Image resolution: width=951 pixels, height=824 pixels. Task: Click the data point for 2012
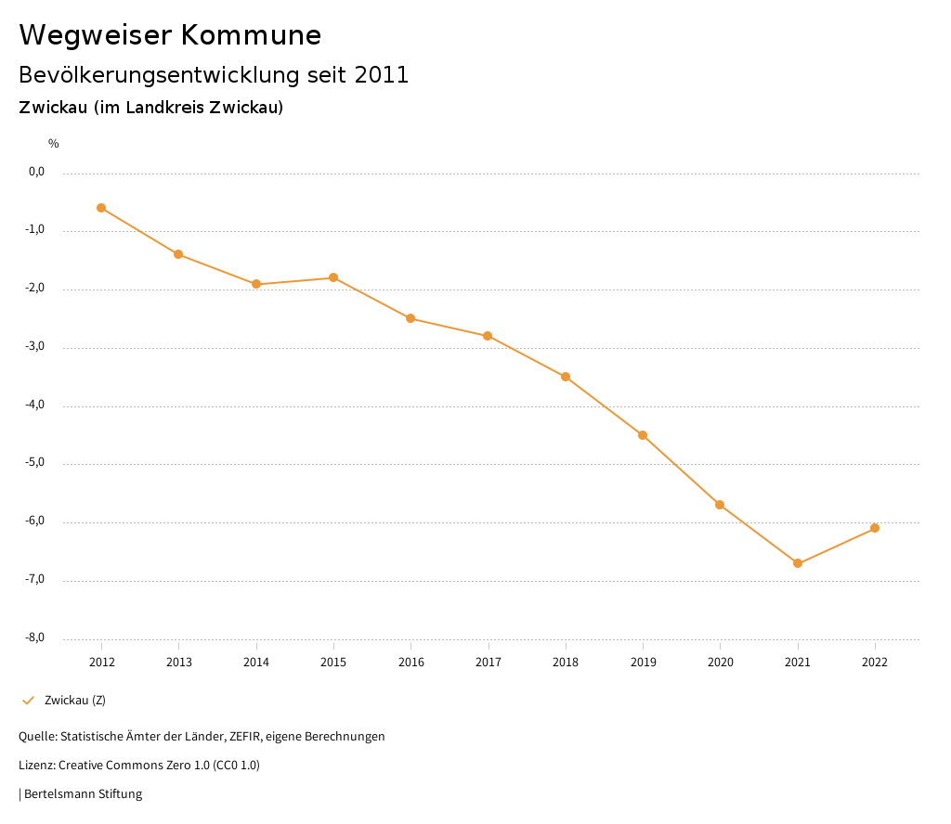pyautogui.click(x=101, y=208)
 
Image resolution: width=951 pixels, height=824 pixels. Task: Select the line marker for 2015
pyautogui.click(x=333, y=277)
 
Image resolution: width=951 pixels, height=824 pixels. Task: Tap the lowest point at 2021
pyautogui.click(x=798, y=563)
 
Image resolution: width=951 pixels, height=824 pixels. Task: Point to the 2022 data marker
pyautogui.click(x=875, y=528)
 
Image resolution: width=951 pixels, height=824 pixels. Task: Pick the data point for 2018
pyautogui.click(x=566, y=377)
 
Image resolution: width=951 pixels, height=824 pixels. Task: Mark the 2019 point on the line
pyautogui.click(x=643, y=435)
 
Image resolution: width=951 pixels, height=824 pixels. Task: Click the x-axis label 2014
pyautogui.click(x=256, y=662)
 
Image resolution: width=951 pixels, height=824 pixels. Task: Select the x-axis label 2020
pyautogui.click(x=721, y=662)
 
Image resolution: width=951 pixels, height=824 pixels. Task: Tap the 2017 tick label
pyautogui.click(x=489, y=662)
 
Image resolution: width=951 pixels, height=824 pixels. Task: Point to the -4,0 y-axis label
pyautogui.click(x=36, y=406)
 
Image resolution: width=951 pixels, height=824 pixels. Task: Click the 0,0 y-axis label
pyautogui.click(x=36, y=172)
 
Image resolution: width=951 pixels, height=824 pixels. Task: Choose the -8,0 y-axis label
pyautogui.click(x=36, y=637)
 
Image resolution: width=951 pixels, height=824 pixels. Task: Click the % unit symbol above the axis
pyautogui.click(x=54, y=144)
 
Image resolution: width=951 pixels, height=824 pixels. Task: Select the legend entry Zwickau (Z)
pyautogui.click(x=75, y=700)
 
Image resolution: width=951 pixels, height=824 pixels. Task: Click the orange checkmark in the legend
pyautogui.click(x=28, y=700)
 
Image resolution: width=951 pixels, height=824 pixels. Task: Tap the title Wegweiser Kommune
pyautogui.click(x=170, y=35)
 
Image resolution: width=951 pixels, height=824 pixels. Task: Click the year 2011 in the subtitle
pyautogui.click(x=382, y=75)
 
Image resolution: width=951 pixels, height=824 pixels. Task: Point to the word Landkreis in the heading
pyautogui.click(x=165, y=108)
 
